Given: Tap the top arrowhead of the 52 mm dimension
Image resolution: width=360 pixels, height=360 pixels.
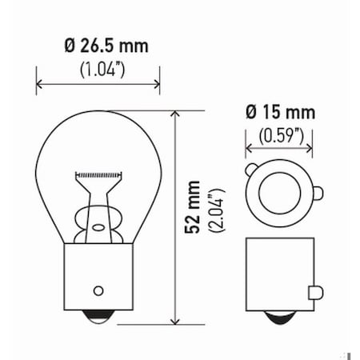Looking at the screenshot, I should pos(174,114).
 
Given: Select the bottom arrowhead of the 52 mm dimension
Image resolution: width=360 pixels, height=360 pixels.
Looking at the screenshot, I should pos(174,322).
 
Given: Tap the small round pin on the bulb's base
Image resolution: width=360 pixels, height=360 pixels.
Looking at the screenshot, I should pos(98,290).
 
